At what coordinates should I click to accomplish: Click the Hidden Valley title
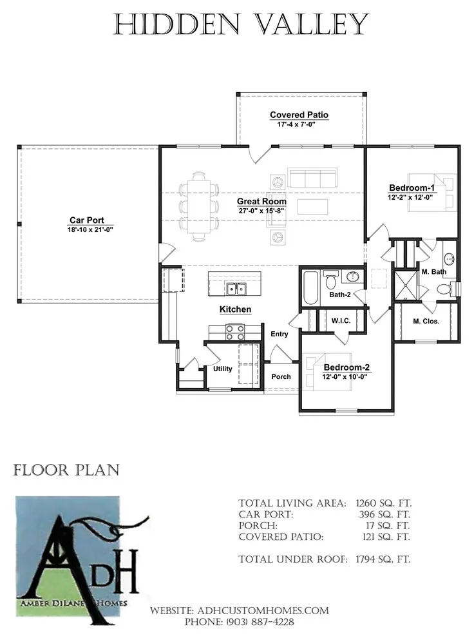pyautogui.click(x=241, y=24)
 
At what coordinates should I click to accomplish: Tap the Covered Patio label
pyautogui.click(x=299, y=115)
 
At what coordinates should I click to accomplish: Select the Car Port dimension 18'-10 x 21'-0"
pyautogui.click(x=90, y=229)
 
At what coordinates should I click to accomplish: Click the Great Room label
pyautogui.click(x=262, y=202)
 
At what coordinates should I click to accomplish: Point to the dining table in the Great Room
pyautogui.click(x=199, y=207)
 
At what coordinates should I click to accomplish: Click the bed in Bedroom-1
pyautogui.click(x=431, y=193)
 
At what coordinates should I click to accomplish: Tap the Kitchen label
pyautogui.click(x=235, y=309)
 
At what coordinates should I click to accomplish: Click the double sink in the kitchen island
pyautogui.click(x=236, y=289)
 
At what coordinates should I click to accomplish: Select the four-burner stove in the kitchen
pyautogui.click(x=235, y=332)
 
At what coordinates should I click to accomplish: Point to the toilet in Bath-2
pyautogui.click(x=331, y=278)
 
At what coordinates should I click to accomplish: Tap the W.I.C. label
pyautogui.click(x=341, y=321)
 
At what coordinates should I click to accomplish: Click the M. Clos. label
pyautogui.click(x=426, y=321)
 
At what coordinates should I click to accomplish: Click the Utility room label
pyautogui.click(x=223, y=369)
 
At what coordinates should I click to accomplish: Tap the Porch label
pyautogui.click(x=281, y=377)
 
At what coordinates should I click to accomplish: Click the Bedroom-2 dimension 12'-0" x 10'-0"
pyautogui.click(x=345, y=377)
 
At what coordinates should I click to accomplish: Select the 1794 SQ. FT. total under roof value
pyautogui.click(x=383, y=559)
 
